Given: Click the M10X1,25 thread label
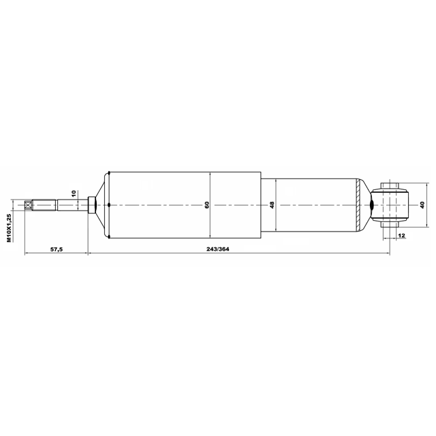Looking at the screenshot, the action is (x=10, y=228).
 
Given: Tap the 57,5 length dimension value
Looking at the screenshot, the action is (x=57, y=249).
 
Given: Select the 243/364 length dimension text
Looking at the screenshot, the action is (x=218, y=249).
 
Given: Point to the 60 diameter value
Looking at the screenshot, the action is (x=207, y=205).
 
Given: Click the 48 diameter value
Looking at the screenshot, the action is (x=272, y=205).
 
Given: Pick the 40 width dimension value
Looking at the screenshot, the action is (x=422, y=205).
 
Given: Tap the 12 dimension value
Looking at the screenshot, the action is (x=401, y=236).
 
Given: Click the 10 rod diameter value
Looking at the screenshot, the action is (x=74, y=193).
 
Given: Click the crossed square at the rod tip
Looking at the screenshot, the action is (x=28, y=205).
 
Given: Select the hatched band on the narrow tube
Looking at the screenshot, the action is (x=358, y=205).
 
